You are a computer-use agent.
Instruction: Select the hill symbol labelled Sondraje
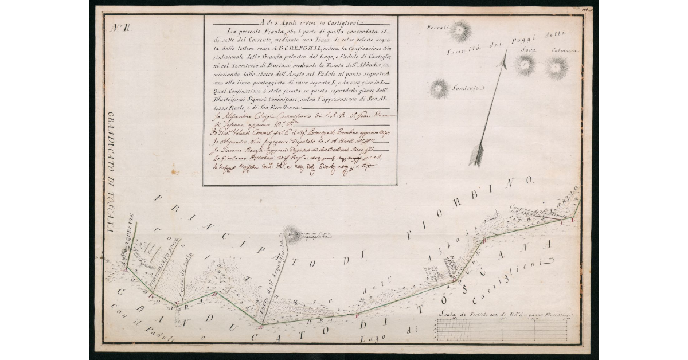coord(440,88)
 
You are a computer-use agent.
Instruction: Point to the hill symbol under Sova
coord(525,64)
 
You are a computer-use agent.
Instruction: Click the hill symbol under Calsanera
coord(556,67)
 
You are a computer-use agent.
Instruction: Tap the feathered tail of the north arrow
coord(476,154)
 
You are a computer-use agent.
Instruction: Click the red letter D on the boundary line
coord(261,327)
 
